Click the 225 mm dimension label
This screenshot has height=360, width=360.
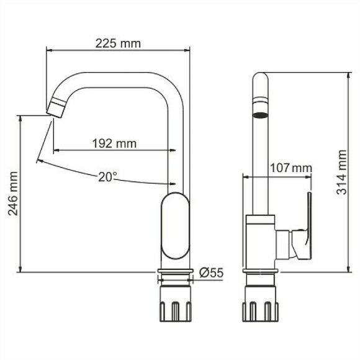click(x=118, y=43)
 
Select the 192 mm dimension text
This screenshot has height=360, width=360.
click(x=114, y=143)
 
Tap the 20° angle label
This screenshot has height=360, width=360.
click(x=107, y=177)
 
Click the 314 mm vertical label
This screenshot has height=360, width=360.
click(x=341, y=173)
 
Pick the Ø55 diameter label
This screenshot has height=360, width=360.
click(x=212, y=271)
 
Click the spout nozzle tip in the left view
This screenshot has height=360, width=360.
click(x=55, y=110)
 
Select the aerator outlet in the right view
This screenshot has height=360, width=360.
click(x=260, y=115)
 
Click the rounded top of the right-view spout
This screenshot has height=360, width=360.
click(x=260, y=78)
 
